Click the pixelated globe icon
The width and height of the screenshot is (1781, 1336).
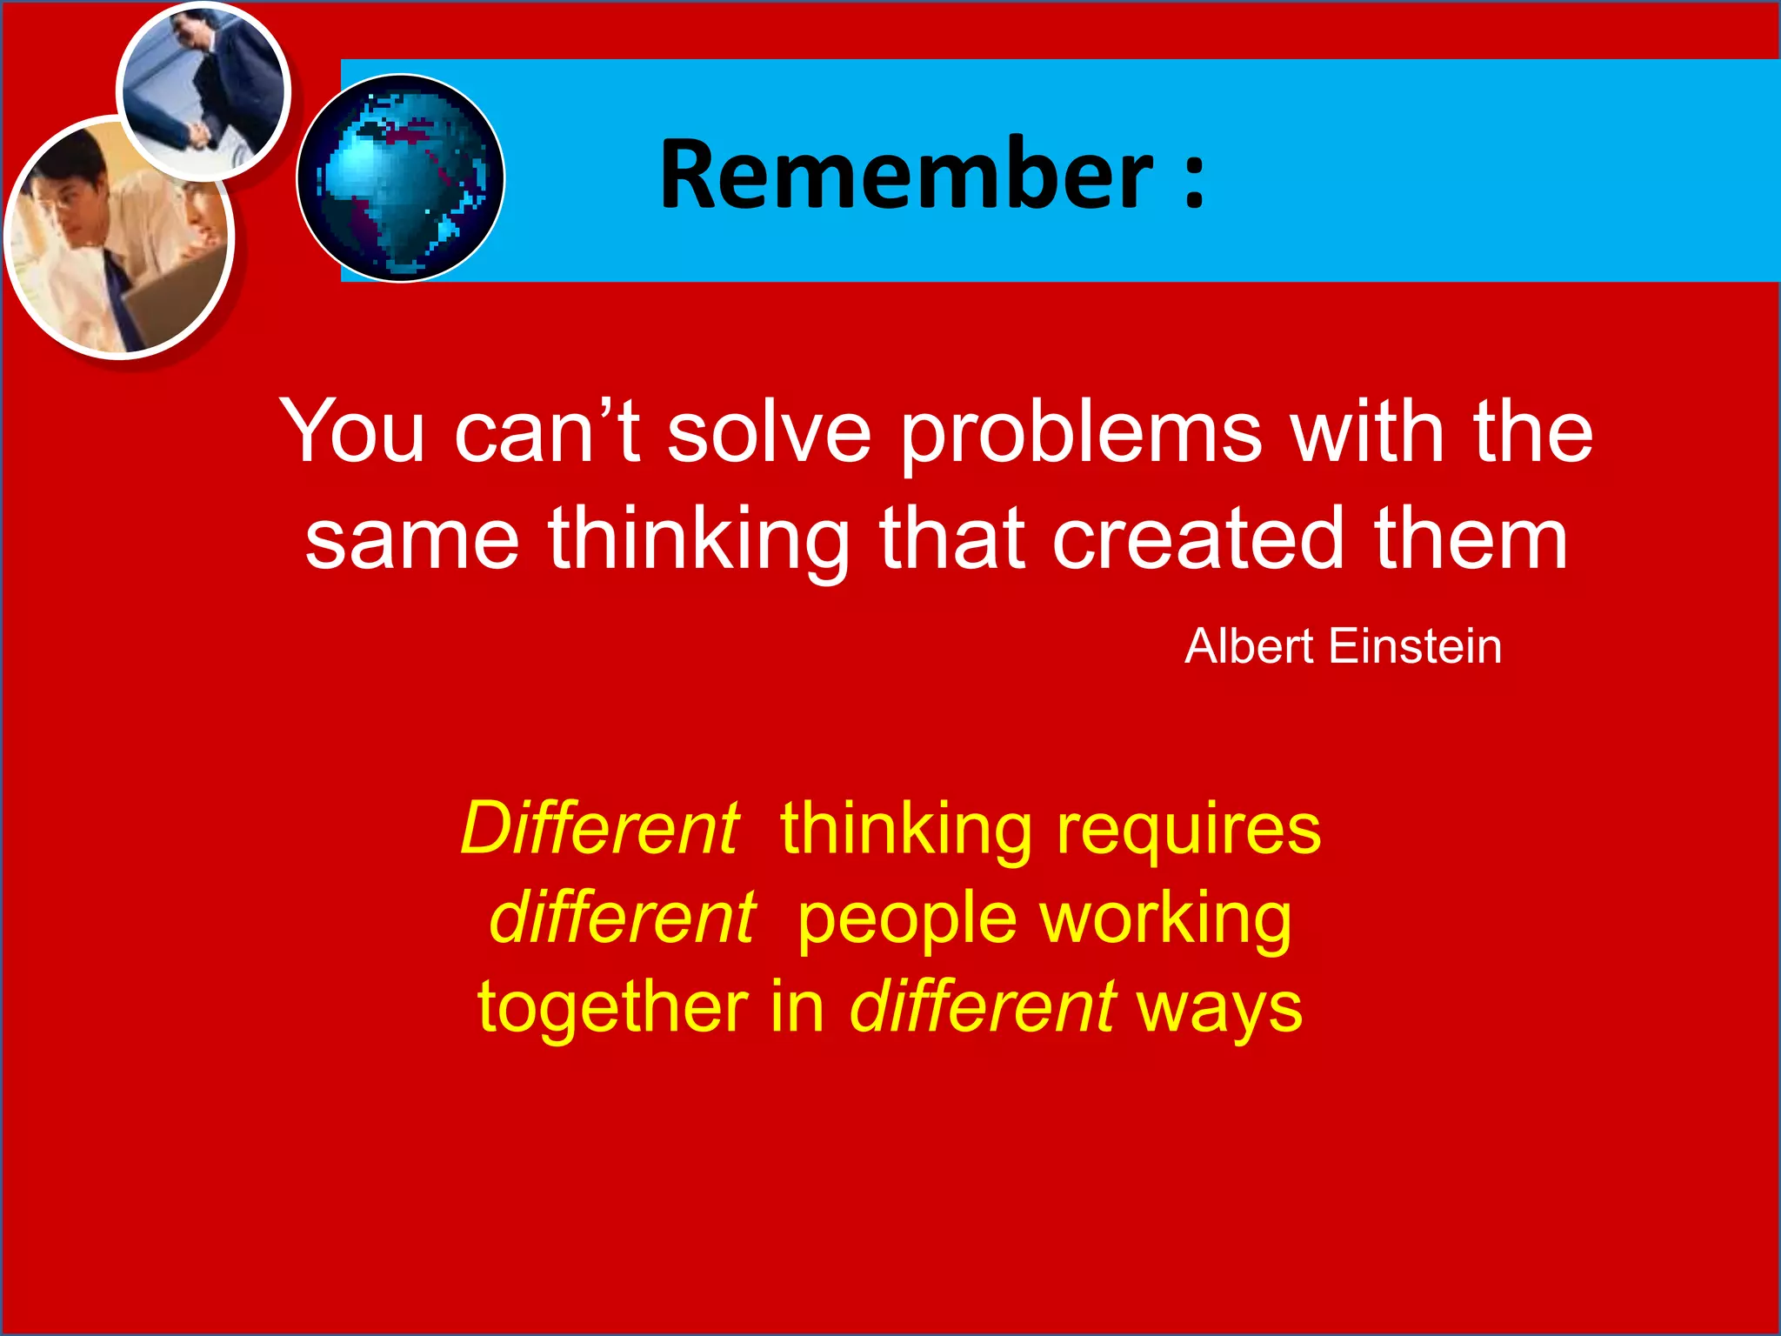pyautogui.click(x=401, y=178)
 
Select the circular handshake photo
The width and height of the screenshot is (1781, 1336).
pyautogui.click(x=203, y=90)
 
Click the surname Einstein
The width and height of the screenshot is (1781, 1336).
pyautogui.click(x=1415, y=646)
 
